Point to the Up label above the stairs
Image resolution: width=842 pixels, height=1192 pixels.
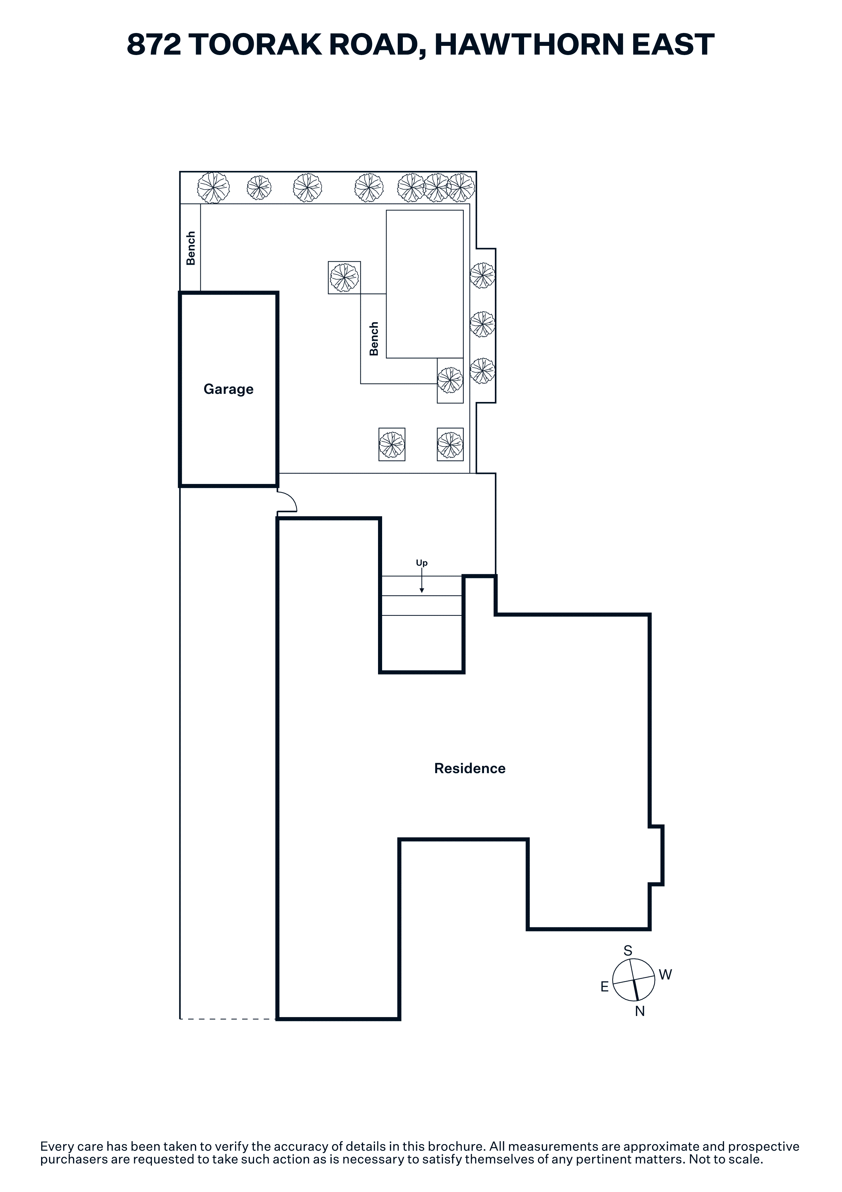pos(422,563)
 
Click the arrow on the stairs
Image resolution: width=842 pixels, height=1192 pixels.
pos(422,580)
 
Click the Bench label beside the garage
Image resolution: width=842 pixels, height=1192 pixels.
pos(191,248)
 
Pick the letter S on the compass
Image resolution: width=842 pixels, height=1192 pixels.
pos(628,951)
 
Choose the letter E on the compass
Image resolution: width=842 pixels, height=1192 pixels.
pos(604,986)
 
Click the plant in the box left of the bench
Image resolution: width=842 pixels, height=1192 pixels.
pos(344,278)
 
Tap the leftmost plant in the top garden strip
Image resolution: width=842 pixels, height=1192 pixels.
pos(213,188)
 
